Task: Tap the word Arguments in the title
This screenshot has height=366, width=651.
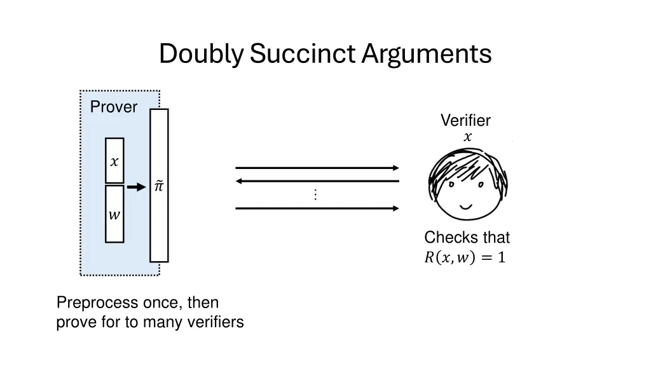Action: click(427, 54)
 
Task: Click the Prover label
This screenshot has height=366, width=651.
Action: click(114, 107)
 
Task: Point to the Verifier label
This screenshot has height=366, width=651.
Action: click(465, 121)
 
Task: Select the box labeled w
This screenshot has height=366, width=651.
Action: click(114, 214)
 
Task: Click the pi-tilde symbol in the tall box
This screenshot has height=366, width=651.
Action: click(159, 186)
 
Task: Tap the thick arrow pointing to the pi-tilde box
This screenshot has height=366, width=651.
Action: click(136, 187)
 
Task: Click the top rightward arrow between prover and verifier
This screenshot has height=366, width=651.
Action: click(317, 168)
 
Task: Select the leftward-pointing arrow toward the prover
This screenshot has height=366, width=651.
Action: click(317, 181)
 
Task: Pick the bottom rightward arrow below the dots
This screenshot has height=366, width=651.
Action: click(317, 208)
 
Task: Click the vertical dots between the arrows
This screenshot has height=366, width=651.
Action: click(315, 195)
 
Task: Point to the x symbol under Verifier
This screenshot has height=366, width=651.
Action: click(467, 137)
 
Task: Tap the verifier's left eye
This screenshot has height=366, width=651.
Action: click(451, 186)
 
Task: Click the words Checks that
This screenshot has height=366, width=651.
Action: click(467, 238)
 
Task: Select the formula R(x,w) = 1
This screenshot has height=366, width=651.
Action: click(465, 257)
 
